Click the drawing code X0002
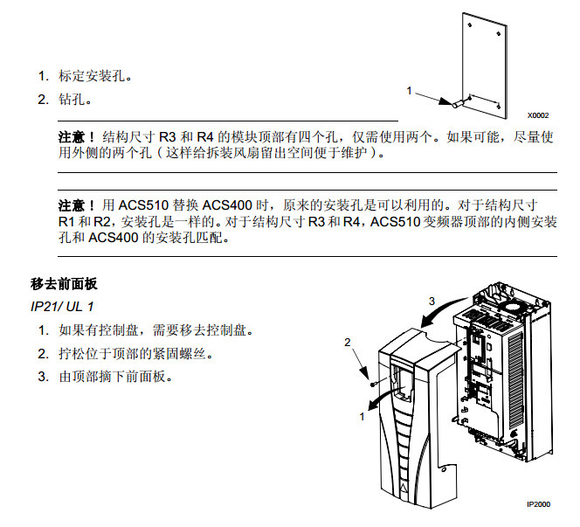(537, 114)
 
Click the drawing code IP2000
(538, 504)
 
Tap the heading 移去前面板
(64, 285)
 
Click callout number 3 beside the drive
(431, 301)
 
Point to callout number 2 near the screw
(348, 342)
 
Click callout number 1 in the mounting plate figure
(409, 90)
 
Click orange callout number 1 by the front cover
(362, 417)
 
